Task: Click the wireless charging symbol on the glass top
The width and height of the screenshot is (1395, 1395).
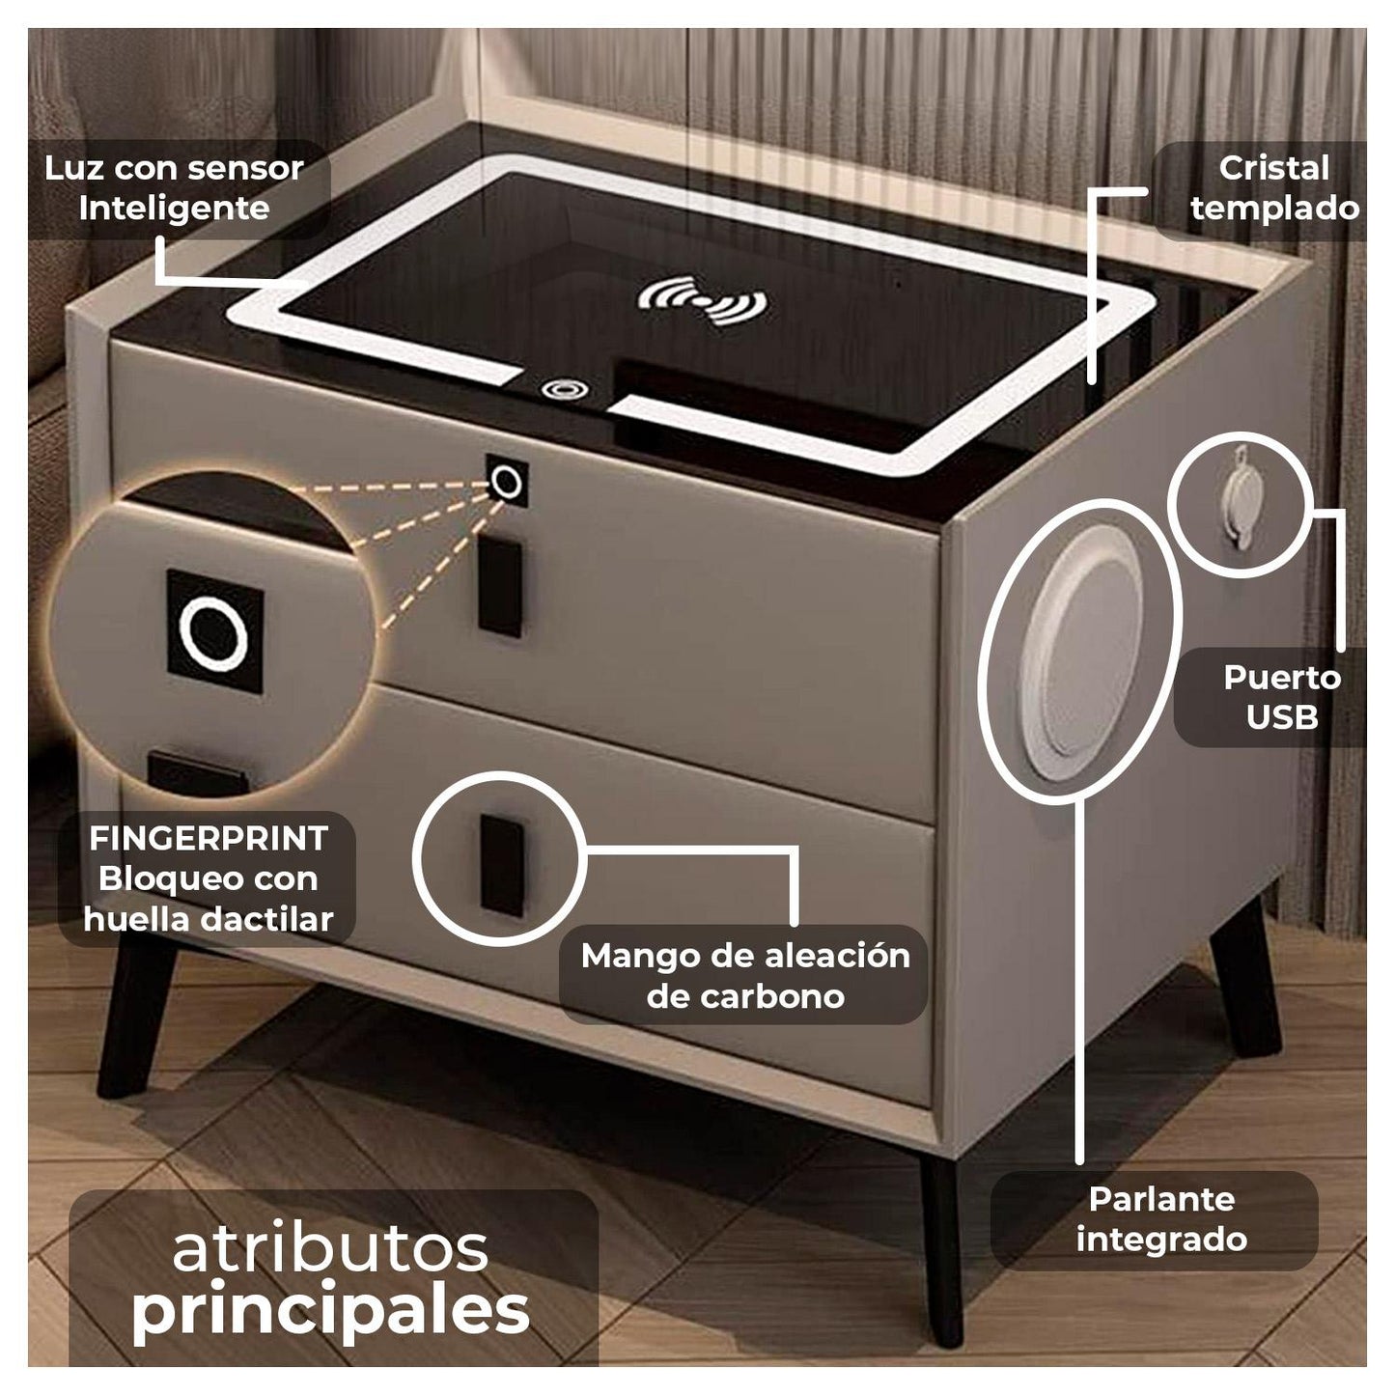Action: click(702, 300)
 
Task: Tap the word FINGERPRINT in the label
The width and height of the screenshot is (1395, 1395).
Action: click(209, 839)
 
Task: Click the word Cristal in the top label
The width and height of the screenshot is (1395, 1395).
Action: click(1274, 169)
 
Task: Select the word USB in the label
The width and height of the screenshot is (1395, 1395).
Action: click(1282, 717)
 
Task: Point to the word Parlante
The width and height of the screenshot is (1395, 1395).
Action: click(1162, 1199)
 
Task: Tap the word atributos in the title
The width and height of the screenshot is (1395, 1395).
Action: click(330, 1247)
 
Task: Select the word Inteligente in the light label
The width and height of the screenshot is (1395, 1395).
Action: click(174, 209)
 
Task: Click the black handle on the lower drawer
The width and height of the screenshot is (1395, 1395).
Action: click(501, 865)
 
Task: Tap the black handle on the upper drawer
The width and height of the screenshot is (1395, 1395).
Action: click(499, 587)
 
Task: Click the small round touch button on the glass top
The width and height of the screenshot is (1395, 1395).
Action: click(565, 389)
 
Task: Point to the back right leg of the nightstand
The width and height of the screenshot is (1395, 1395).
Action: click(1243, 982)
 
